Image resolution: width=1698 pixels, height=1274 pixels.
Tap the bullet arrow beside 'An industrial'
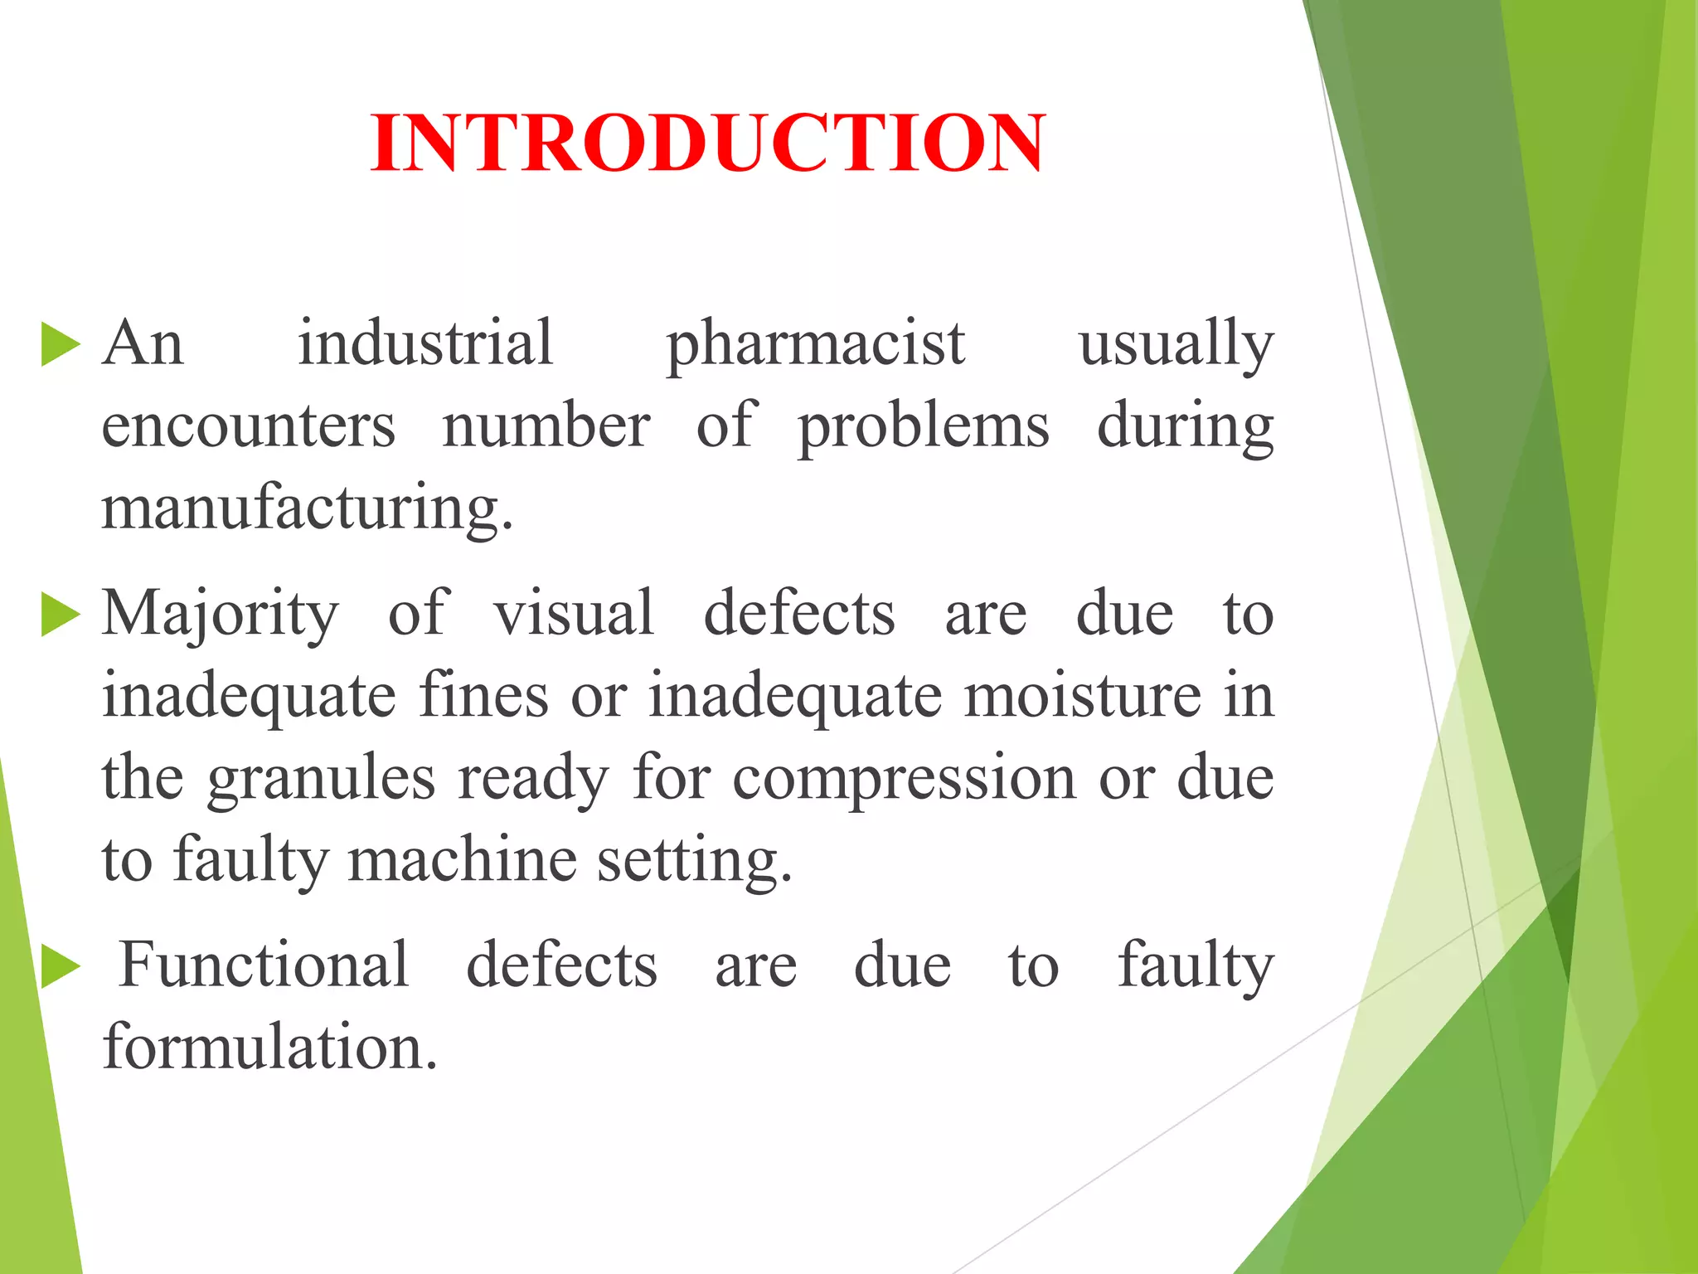[60, 345]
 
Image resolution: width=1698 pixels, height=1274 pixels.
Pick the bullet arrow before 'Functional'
[60, 968]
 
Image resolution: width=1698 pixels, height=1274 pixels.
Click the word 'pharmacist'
[816, 345]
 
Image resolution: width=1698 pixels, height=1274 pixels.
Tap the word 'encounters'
[248, 426]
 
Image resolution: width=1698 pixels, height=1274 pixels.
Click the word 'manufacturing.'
[308, 508]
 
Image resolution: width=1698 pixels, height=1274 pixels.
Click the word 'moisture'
[1082, 695]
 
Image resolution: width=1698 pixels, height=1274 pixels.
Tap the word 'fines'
[483, 695]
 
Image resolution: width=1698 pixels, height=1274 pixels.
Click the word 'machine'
[462, 859]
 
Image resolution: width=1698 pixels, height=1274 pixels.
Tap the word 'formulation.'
[269, 1047]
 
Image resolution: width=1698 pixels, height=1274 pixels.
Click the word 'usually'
[1175, 345]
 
